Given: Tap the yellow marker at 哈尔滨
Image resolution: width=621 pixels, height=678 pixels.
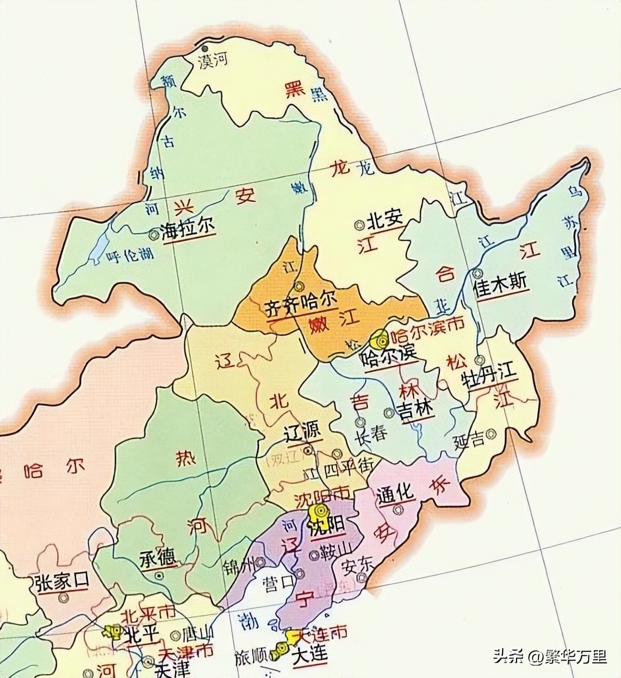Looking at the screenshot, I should point(378,341).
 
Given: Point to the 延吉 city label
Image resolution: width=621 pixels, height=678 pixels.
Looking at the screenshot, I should point(468,440).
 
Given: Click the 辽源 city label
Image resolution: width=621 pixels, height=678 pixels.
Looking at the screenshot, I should point(303,432).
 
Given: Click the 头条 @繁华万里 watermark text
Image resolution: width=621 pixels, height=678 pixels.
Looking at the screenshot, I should point(550,656).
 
